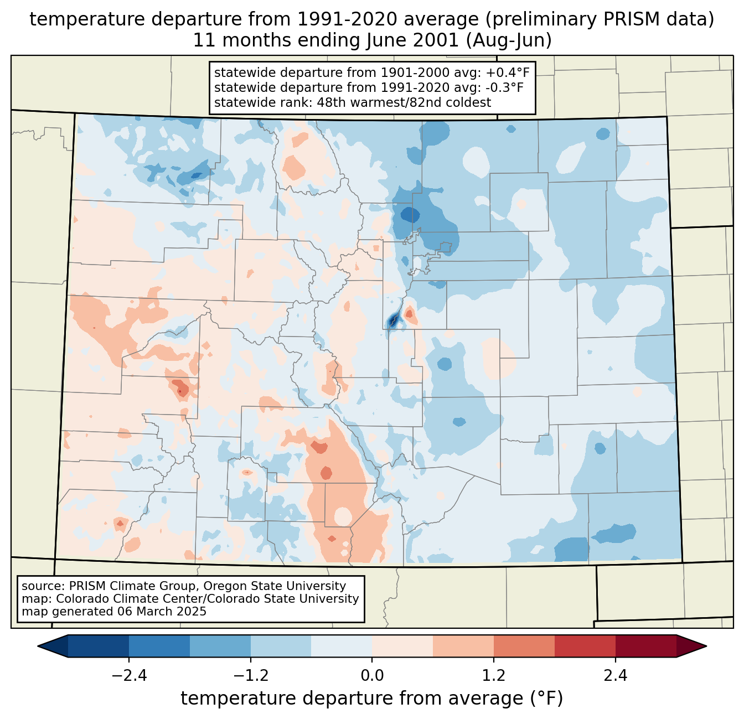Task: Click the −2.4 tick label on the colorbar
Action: tap(129, 676)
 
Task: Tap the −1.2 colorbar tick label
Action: tap(251, 676)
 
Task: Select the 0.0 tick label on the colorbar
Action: tap(372, 676)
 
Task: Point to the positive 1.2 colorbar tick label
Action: tap(494, 676)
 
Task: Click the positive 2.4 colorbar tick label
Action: tap(615, 676)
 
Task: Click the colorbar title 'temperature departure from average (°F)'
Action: tap(372, 698)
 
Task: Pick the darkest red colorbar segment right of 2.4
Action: tap(645, 646)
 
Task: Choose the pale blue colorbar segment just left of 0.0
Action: tap(342, 646)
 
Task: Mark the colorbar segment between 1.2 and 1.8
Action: tap(524, 646)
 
